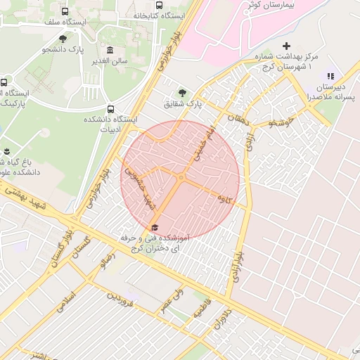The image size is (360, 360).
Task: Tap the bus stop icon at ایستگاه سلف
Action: pyautogui.click(x=65, y=12)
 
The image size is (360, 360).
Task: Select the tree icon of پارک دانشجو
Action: pyautogui.click(x=63, y=39)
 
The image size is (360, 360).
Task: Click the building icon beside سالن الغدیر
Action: pyautogui.click(x=110, y=50)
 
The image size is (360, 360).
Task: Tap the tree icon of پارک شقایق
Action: pyautogui.click(x=183, y=91)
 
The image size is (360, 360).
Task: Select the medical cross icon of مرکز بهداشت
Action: pyautogui.click(x=285, y=46)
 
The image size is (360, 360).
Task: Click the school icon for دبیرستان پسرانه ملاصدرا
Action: pyautogui.click(x=330, y=76)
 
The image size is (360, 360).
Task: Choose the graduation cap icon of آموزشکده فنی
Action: pyautogui.click(x=155, y=226)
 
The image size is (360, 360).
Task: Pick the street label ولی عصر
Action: pyautogui.click(x=171, y=300)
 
